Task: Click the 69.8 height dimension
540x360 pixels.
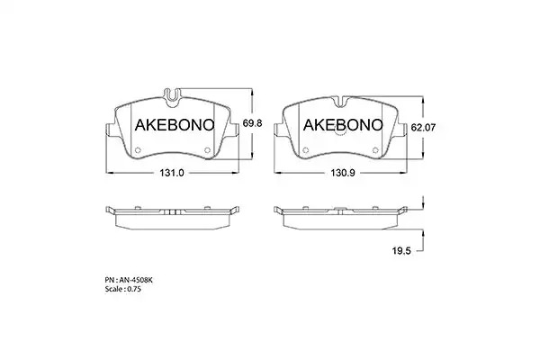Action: click(252, 123)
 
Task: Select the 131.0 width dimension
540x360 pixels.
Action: click(172, 173)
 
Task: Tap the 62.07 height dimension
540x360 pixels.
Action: click(423, 128)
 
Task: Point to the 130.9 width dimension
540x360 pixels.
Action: click(343, 173)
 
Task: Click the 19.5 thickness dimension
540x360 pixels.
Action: click(401, 251)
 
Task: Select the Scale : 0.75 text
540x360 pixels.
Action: click(123, 289)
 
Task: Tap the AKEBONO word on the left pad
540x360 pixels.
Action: click(175, 125)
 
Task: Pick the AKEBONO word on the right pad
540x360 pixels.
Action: click(343, 125)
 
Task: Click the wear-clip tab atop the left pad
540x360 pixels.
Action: click(172, 97)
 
